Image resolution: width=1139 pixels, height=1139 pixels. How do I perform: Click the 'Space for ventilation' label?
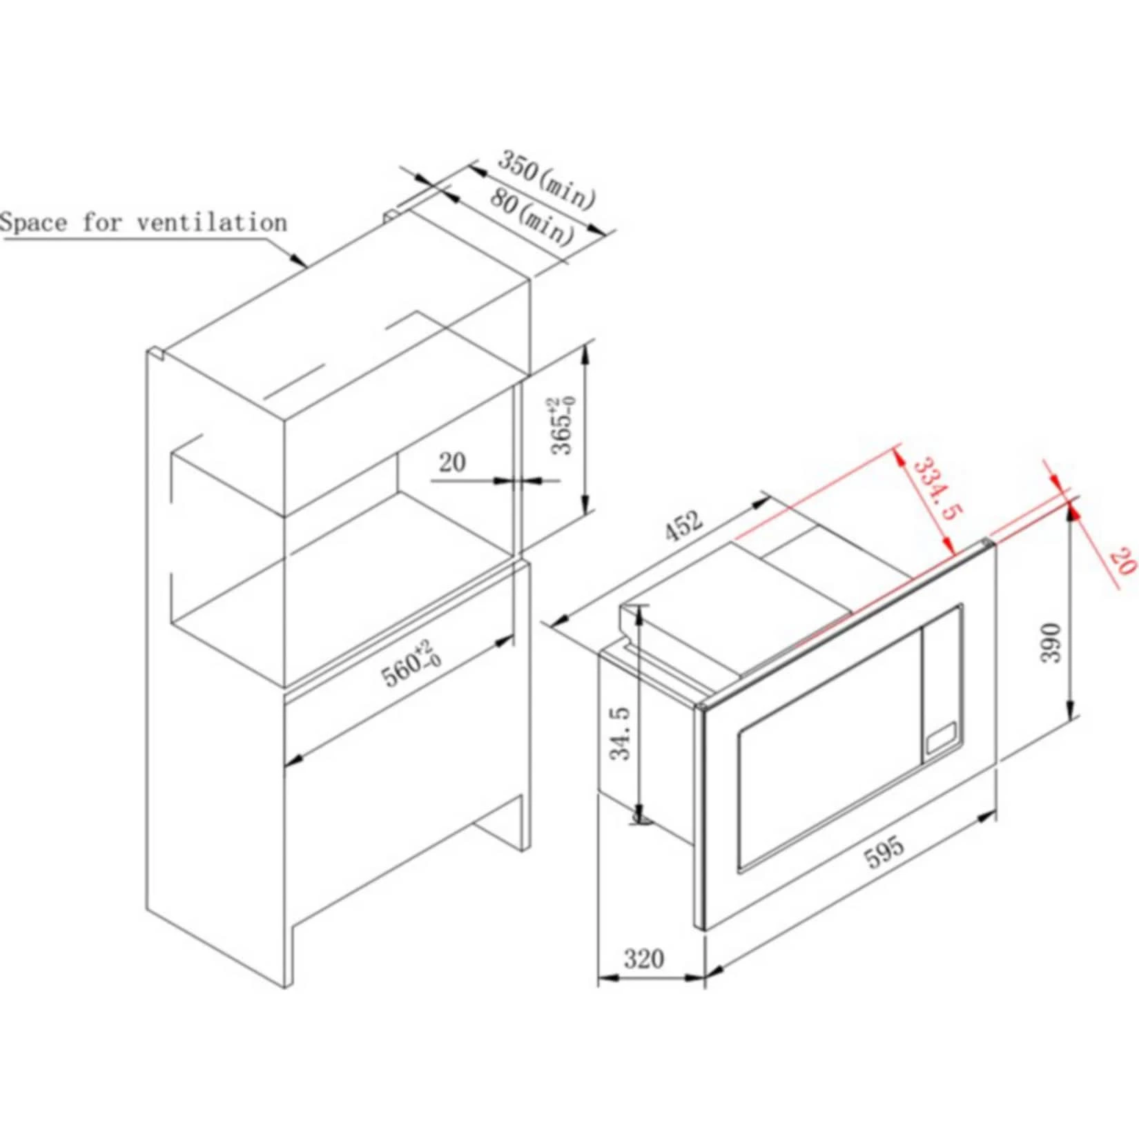(x=143, y=223)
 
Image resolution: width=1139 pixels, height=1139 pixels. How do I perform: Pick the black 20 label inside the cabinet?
(x=452, y=462)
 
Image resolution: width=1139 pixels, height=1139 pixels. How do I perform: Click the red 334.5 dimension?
(x=938, y=489)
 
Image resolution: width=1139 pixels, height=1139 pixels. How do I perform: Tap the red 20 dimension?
(x=1121, y=561)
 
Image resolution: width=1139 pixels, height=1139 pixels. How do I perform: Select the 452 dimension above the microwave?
(x=683, y=526)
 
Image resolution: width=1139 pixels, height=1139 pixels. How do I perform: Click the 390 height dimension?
(x=1050, y=643)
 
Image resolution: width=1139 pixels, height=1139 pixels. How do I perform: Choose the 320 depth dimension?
(x=643, y=959)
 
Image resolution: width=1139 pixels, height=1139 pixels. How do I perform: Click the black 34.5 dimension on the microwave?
(x=621, y=732)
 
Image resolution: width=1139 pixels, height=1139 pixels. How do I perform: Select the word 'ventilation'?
(x=212, y=223)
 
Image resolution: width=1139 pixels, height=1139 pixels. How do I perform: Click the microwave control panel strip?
(x=942, y=683)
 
